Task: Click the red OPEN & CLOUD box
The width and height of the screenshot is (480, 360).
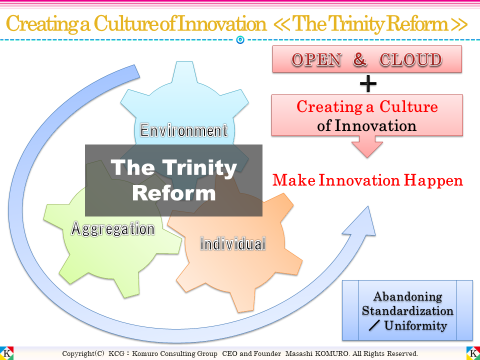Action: click(x=367, y=59)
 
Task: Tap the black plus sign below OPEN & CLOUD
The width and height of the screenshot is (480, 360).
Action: click(x=368, y=84)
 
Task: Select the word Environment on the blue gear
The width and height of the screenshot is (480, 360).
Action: click(x=184, y=131)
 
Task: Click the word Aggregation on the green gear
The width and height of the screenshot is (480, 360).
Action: click(x=113, y=229)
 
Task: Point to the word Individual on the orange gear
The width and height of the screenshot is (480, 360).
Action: click(x=232, y=244)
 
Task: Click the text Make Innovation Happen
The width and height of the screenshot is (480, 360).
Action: click(x=367, y=180)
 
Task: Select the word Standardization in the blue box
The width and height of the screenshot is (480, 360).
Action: click(x=407, y=310)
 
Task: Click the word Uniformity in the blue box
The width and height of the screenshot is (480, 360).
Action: click(x=415, y=326)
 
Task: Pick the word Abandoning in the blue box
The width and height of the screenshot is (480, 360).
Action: click(x=407, y=296)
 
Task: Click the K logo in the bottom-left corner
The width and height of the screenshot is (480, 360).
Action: click(x=7, y=353)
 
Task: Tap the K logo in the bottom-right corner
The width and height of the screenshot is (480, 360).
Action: click(x=472, y=353)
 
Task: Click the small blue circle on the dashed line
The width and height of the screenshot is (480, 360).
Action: click(x=240, y=40)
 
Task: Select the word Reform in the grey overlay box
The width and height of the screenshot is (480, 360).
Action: click(x=173, y=193)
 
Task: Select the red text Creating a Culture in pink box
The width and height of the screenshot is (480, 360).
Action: click(x=367, y=107)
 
